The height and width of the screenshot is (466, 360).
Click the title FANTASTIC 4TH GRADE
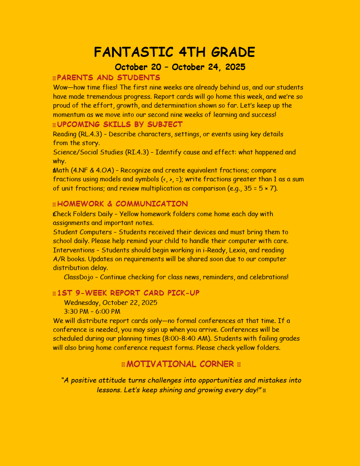click(174, 53)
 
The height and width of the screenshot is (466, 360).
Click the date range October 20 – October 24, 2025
click(180, 67)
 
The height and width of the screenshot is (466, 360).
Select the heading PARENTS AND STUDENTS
click(109, 78)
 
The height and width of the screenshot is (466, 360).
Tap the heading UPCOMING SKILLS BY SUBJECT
click(120, 124)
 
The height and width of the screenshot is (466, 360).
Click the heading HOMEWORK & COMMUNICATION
click(122, 204)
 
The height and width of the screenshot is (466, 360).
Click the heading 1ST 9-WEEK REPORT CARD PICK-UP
click(128, 293)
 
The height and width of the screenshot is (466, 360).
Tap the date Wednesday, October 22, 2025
click(110, 303)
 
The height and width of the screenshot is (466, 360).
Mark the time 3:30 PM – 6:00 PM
click(92, 312)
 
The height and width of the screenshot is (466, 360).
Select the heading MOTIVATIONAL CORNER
click(180, 364)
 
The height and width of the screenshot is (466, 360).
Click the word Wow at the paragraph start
click(60, 87)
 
